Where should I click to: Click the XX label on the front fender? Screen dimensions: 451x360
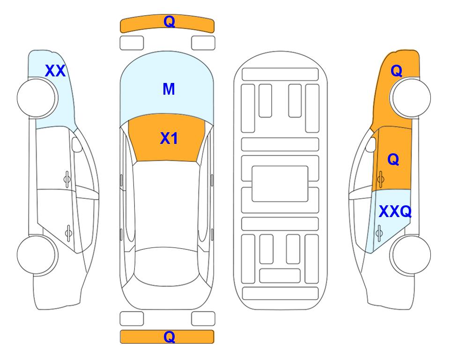click(55, 71)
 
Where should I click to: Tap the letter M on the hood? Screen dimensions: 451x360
click(169, 89)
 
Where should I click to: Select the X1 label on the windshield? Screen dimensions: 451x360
click(169, 138)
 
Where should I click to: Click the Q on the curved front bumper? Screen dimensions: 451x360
click(169, 22)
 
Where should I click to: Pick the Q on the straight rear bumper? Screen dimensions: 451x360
click(169, 337)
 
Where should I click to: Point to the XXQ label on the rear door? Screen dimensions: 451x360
click(395, 212)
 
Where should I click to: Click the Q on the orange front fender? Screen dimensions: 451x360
click(396, 71)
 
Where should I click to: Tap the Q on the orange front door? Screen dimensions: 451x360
click(393, 159)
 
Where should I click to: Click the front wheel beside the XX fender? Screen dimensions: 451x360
click(37, 98)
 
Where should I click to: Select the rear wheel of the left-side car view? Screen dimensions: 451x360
click(37, 255)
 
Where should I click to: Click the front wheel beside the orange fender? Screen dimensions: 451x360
click(411, 98)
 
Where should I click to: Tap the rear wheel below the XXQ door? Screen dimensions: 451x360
click(411, 255)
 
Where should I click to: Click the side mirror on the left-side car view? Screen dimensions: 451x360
click(76, 144)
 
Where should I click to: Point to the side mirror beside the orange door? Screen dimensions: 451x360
click(371, 144)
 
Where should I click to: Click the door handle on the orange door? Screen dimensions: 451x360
click(380, 179)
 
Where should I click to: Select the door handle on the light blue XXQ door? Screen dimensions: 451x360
click(379, 232)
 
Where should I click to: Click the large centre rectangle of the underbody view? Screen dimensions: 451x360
click(280, 184)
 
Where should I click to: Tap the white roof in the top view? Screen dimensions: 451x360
click(167, 204)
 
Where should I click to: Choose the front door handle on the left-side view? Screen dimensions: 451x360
click(67, 179)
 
